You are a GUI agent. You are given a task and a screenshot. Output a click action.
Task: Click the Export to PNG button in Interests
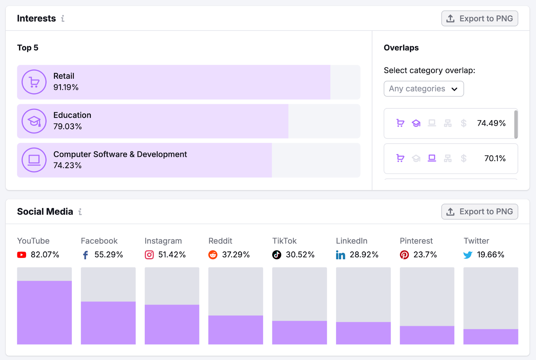tap(479, 18)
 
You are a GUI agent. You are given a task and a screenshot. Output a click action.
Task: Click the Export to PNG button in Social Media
tap(479, 212)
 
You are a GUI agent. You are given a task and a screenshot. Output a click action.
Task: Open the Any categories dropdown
tap(423, 89)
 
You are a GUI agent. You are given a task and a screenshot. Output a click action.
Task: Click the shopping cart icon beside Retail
tap(34, 82)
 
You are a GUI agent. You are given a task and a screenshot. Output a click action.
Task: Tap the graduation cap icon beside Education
tap(34, 121)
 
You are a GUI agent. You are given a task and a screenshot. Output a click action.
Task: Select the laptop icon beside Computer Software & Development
tap(34, 160)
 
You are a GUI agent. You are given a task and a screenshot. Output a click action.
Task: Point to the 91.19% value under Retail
tap(66, 87)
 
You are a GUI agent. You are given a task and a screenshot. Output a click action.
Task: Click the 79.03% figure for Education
tap(68, 127)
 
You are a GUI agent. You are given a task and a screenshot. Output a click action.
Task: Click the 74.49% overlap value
tap(491, 123)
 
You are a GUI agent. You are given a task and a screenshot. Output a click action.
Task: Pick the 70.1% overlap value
tap(495, 158)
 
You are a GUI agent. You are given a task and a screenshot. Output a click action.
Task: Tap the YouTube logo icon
tap(22, 255)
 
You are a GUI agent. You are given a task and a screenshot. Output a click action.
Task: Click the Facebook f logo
tap(85, 255)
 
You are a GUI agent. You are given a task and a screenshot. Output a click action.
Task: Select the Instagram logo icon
tap(149, 255)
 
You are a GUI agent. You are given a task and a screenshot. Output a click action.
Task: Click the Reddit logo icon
tap(213, 255)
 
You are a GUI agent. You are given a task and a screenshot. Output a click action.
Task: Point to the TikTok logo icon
tap(277, 255)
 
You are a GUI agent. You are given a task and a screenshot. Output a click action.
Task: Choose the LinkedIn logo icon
tap(340, 255)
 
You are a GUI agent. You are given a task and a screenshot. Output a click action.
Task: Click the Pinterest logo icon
tap(404, 255)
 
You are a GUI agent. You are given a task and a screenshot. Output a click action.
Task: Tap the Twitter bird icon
tap(468, 255)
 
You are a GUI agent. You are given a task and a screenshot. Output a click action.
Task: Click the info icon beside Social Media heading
tap(80, 212)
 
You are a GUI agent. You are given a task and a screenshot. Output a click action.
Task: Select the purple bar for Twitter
tap(490, 337)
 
